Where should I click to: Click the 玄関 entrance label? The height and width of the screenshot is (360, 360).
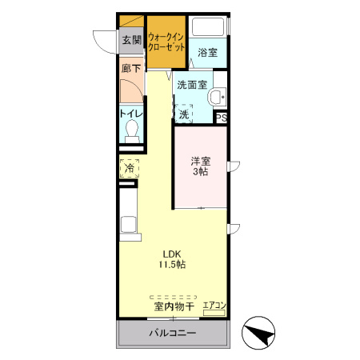click(132, 39)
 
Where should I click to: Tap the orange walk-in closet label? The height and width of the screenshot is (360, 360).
click(167, 42)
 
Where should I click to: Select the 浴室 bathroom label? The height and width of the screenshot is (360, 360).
click(208, 53)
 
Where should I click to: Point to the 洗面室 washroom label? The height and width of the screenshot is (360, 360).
click(193, 83)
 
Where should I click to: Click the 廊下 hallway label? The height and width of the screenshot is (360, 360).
click(131, 69)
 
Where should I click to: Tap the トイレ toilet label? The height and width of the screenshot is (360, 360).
click(131, 114)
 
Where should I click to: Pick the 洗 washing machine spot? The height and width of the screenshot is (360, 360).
click(184, 114)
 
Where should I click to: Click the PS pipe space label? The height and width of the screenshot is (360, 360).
click(222, 118)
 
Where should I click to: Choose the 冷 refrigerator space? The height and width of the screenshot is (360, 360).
click(130, 169)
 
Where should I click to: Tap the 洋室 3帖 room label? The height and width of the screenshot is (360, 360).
click(201, 166)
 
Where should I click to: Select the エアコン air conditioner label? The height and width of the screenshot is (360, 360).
click(214, 305)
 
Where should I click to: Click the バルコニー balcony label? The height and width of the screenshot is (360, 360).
click(171, 333)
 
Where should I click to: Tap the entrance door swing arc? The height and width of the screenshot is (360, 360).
click(103, 40)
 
